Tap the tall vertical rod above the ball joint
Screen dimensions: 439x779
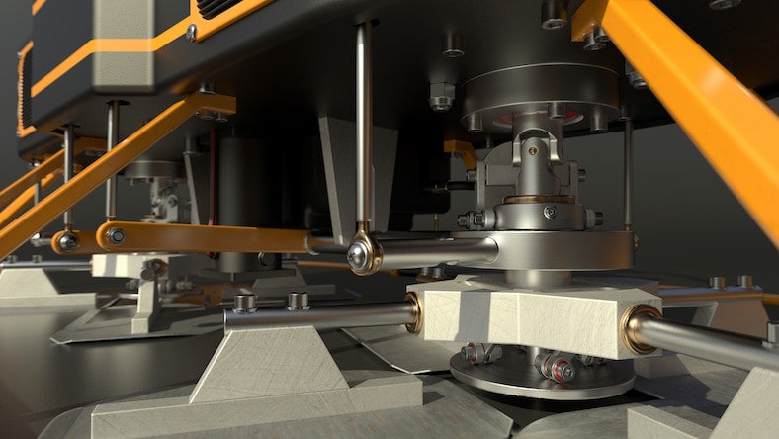(x=364, y=119)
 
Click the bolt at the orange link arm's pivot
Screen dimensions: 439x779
(x=116, y=236)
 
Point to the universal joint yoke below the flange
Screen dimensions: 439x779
(x=535, y=158)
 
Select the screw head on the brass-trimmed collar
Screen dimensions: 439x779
(x=550, y=211)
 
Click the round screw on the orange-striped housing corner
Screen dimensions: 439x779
(x=191, y=33)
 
